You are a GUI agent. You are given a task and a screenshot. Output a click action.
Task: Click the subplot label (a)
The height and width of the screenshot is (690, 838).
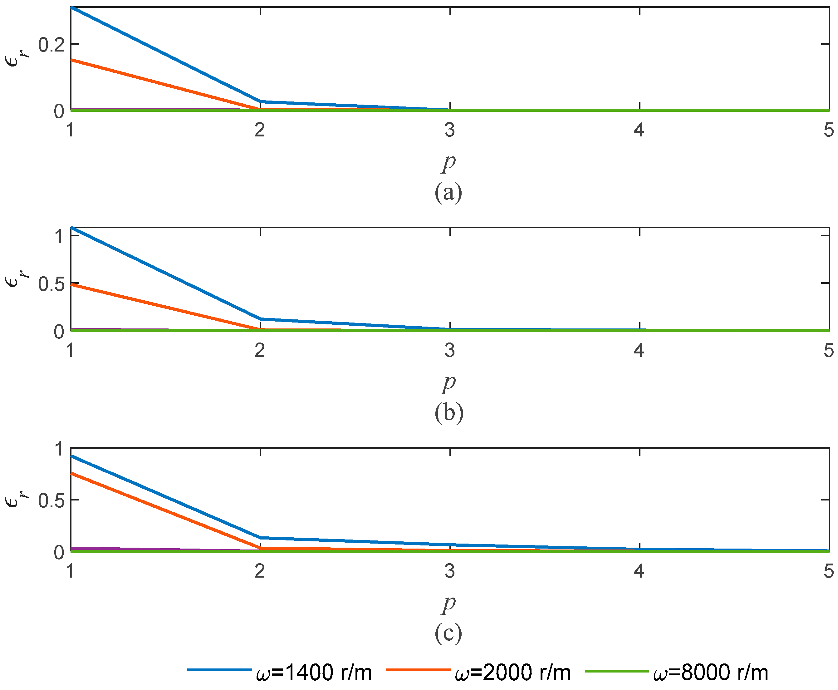click(x=448, y=192)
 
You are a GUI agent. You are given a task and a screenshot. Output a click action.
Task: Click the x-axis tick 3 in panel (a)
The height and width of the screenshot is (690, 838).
click(x=449, y=130)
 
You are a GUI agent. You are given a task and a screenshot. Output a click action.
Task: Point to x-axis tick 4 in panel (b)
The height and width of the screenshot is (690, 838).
click(x=639, y=350)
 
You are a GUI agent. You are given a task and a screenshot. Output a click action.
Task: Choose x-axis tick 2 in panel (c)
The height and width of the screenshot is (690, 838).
click(x=260, y=571)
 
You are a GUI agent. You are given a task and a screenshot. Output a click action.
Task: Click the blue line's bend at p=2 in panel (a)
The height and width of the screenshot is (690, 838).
click(x=260, y=101)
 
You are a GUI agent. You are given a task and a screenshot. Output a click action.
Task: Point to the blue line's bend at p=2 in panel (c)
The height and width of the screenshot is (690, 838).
click(x=260, y=538)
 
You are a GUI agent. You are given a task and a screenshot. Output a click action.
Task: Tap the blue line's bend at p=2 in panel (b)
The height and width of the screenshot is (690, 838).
click(x=260, y=319)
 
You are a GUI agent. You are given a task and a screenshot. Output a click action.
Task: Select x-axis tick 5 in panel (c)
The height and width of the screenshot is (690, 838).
click(x=828, y=571)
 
